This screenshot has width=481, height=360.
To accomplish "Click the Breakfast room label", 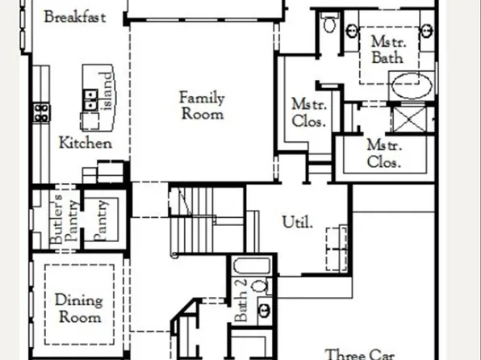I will pyautogui.click(x=74, y=17).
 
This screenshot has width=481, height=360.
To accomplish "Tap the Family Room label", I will pyautogui.click(x=201, y=105).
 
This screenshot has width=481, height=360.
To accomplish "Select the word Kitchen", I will pyautogui.click(x=85, y=143).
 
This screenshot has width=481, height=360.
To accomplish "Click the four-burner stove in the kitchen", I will pyautogui.click(x=40, y=111).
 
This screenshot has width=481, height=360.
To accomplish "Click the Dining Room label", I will pyautogui.click(x=78, y=308).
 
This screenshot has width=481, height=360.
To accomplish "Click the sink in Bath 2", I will pyautogui.click(x=264, y=309).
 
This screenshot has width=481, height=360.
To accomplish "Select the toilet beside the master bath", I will pyautogui.click(x=328, y=26).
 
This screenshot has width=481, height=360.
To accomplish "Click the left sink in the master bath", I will pyautogui.click(x=353, y=31).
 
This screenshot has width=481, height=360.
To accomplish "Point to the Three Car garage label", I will pyautogui.click(x=359, y=354).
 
